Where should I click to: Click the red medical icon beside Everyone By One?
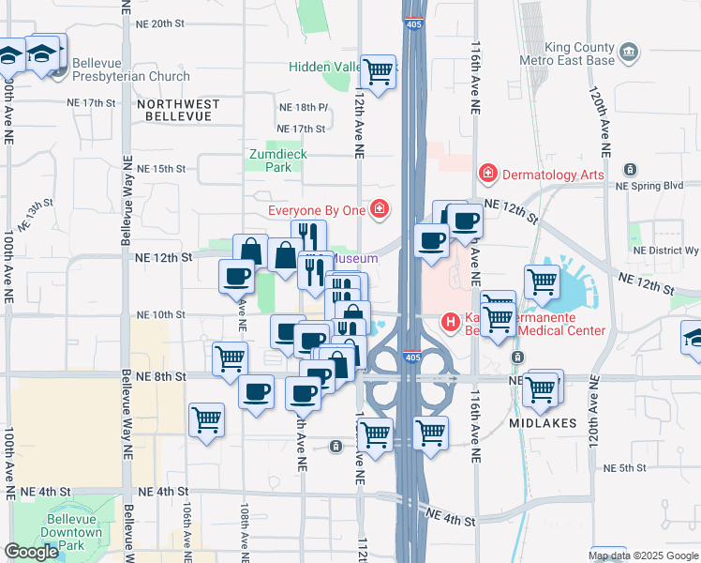pos(379,209)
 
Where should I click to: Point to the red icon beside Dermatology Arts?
pos(487,174)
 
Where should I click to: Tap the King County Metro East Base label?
pos(567,54)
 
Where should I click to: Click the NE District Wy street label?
pos(666,251)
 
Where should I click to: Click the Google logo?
pos(31,552)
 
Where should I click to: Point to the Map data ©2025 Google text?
pos(643,555)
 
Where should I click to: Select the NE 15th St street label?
pos(161,169)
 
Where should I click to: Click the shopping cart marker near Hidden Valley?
pos(378,71)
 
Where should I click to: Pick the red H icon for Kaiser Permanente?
pos(451,323)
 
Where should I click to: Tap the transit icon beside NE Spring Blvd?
pos(631,170)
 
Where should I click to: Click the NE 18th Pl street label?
pos(303,108)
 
